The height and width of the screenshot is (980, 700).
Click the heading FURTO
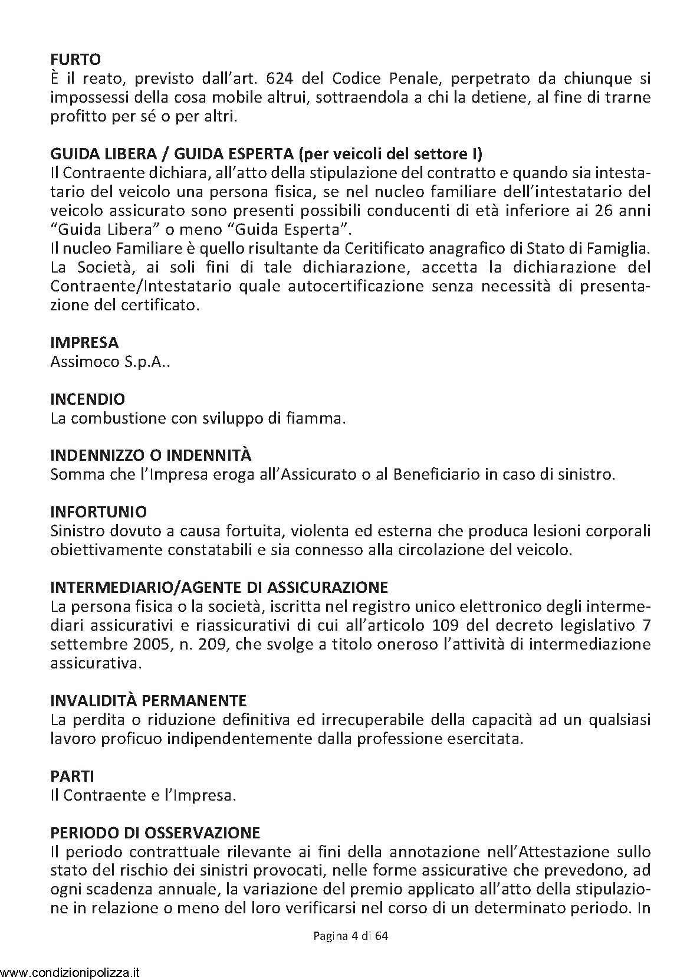point(75,59)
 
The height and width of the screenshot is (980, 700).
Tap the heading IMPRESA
point(84,342)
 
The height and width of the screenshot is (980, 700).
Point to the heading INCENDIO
point(88,399)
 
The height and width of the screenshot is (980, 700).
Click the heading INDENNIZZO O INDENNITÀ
point(151,455)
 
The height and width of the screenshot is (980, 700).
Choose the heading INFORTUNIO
point(99,512)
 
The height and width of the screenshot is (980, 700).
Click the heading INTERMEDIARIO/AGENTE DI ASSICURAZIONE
point(219,588)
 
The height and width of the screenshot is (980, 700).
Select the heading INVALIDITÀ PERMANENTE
point(149,701)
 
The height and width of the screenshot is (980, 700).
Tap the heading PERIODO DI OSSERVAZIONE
point(156,832)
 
